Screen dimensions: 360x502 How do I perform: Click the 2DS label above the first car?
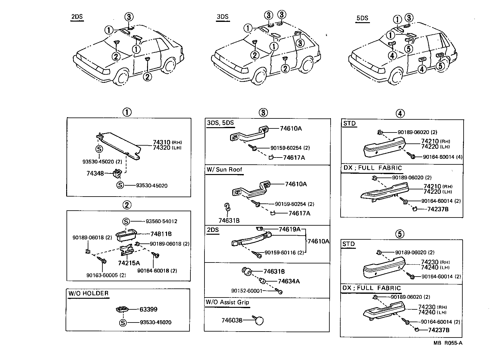77,16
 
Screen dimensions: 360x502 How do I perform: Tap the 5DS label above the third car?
362,18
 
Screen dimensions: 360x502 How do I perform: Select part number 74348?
95,173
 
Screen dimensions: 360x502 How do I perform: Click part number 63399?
148,309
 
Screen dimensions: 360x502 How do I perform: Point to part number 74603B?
232,320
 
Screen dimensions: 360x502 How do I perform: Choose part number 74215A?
129,263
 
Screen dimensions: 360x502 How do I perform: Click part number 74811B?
161,234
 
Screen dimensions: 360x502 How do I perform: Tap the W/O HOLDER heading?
89,293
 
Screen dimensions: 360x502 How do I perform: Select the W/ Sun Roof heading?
224,169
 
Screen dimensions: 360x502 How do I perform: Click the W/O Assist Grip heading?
227,302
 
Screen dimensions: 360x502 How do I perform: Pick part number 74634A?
289,281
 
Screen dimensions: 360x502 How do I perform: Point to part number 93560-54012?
161,221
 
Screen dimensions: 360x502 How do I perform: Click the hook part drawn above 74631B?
228,207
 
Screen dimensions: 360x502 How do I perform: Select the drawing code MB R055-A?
448,343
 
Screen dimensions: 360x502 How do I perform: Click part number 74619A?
289,229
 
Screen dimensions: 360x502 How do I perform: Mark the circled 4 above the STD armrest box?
400,113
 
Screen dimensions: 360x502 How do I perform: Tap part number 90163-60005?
106,275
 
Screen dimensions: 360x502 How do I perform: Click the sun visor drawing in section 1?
119,146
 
